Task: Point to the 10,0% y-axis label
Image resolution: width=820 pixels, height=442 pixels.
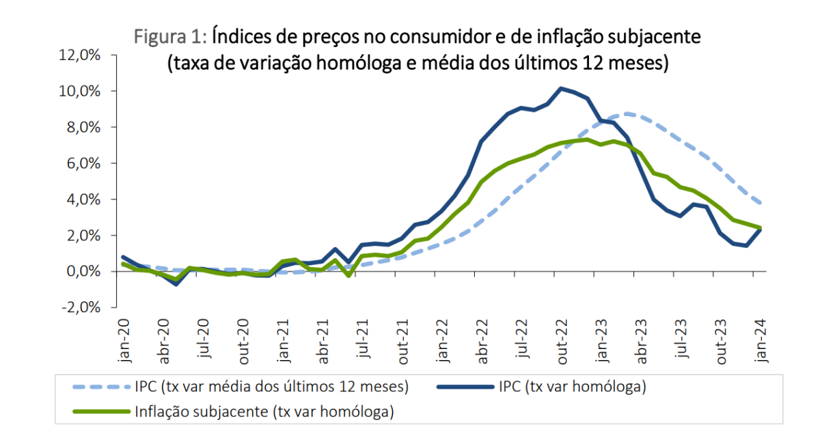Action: [x=80, y=92]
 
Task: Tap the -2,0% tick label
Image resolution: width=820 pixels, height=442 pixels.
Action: [x=81, y=307]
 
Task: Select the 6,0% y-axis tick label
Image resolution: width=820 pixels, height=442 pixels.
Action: [x=83, y=163]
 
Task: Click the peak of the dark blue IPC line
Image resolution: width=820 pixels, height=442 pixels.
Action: [x=560, y=88]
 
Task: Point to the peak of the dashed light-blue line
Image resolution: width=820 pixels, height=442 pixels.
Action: [x=627, y=113]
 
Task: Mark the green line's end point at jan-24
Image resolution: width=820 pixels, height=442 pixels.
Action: [x=761, y=227]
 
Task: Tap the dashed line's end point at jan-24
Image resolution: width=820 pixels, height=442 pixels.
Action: [x=761, y=203]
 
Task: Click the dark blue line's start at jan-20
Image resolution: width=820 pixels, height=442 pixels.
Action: [x=123, y=257]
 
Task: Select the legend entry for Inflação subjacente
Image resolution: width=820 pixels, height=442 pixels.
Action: [x=265, y=411]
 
